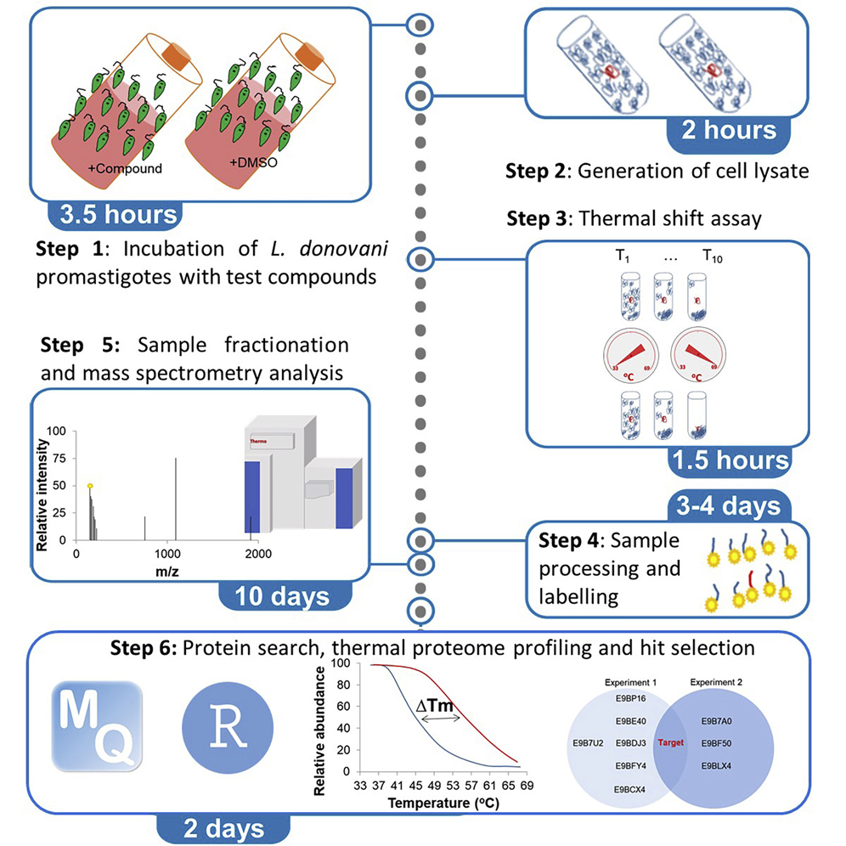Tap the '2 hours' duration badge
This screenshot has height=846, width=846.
729,130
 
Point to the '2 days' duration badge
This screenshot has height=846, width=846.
223,826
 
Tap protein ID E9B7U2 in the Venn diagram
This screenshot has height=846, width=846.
592,744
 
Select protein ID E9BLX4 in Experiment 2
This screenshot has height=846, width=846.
719,767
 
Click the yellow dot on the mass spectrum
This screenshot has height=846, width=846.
90,486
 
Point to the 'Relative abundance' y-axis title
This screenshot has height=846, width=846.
320,729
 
